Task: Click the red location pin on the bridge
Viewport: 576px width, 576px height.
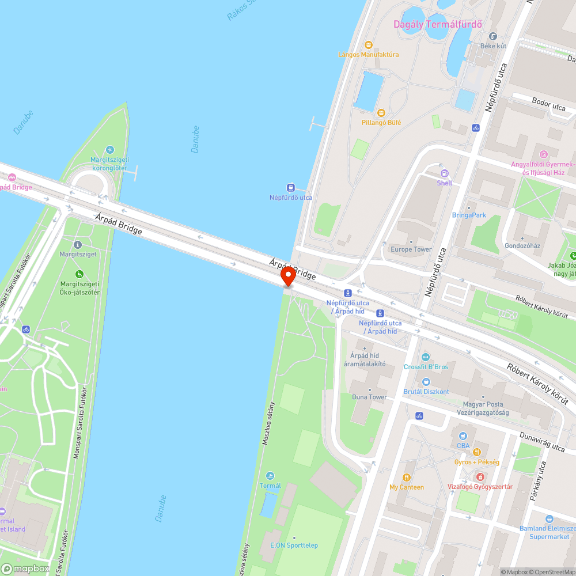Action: pos(288,276)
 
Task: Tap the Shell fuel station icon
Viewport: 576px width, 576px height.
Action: pos(444,173)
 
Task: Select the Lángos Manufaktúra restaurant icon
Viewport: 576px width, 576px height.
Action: pos(369,45)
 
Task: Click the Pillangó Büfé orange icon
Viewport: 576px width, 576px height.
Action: pos(381,112)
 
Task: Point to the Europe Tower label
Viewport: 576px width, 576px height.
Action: pos(411,249)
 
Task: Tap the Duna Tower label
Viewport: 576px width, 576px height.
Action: pos(369,397)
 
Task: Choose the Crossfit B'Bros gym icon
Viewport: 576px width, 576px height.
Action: pos(426,357)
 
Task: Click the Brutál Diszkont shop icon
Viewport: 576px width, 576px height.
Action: pos(426,382)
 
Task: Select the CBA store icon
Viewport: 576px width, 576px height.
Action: pos(463,435)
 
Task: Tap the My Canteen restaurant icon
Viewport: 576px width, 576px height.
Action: pos(407,477)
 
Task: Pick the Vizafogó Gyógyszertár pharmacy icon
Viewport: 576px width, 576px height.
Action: pos(480,477)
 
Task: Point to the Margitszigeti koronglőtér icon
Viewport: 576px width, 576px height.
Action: pos(109,150)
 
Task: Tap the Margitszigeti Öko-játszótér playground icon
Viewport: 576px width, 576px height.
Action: pos(79,274)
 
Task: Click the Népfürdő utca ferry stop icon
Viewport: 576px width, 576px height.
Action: pos(291,187)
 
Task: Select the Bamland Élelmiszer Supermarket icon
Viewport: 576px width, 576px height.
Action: pos(549,519)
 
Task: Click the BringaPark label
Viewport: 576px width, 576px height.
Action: pos(469,215)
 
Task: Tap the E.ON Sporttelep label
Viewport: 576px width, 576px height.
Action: pos(294,545)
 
